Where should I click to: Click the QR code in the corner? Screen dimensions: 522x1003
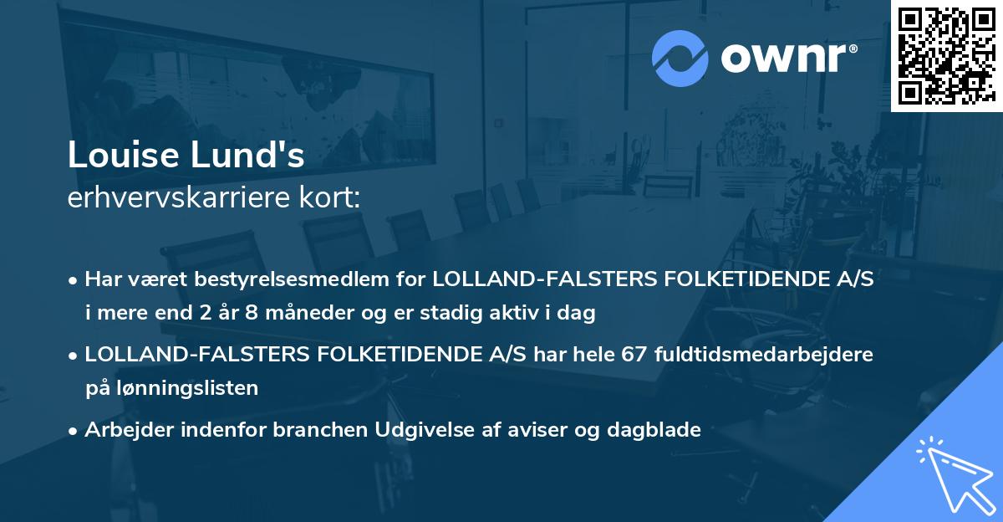[946, 56]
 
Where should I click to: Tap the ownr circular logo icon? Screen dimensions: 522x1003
[681, 57]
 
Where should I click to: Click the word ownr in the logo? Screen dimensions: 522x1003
[787, 57]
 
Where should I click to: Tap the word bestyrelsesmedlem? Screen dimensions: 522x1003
[274, 279]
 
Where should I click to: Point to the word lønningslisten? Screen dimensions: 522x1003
[182, 388]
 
